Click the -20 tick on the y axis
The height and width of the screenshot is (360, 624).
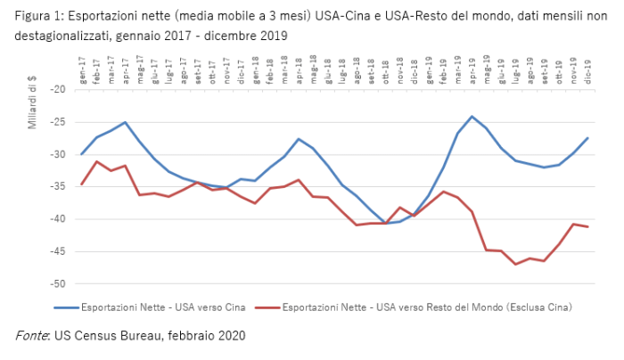pos(58,89)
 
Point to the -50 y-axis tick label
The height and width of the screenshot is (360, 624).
pos(58,283)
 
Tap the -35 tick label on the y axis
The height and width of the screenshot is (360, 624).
pos(58,186)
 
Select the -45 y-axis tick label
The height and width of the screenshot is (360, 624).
pos(58,251)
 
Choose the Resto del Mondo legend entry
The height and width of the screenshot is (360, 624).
pos(415,307)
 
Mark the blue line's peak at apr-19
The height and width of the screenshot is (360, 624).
pos(472,116)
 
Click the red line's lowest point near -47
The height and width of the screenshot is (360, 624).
pos(515,264)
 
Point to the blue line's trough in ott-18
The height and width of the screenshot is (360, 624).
pos(385,223)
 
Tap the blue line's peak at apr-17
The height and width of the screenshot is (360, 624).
pos(125,122)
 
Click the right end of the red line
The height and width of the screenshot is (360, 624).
pos(587,227)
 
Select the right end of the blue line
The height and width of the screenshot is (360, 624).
pos(587,137)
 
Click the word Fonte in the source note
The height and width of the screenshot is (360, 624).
pos(32,335)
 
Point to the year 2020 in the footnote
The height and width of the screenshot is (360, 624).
pos(229,335)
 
